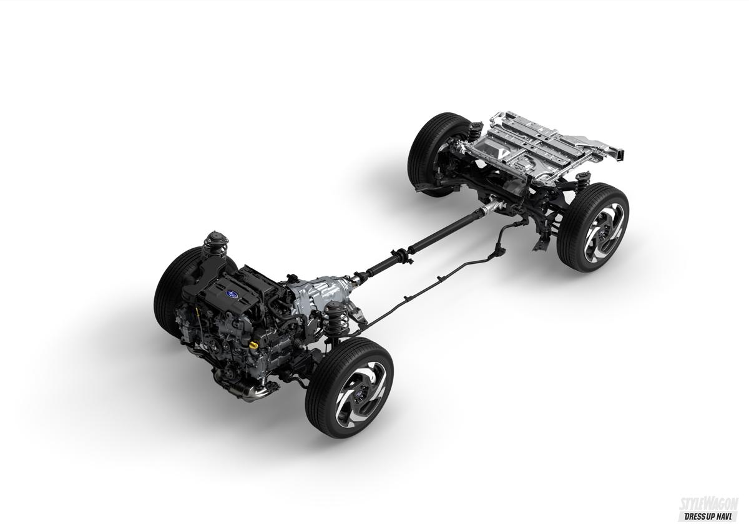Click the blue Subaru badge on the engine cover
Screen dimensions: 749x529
pos(230,294)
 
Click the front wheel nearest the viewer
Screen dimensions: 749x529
pos(349,387)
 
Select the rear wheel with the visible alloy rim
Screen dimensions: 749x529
pos(593,227)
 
